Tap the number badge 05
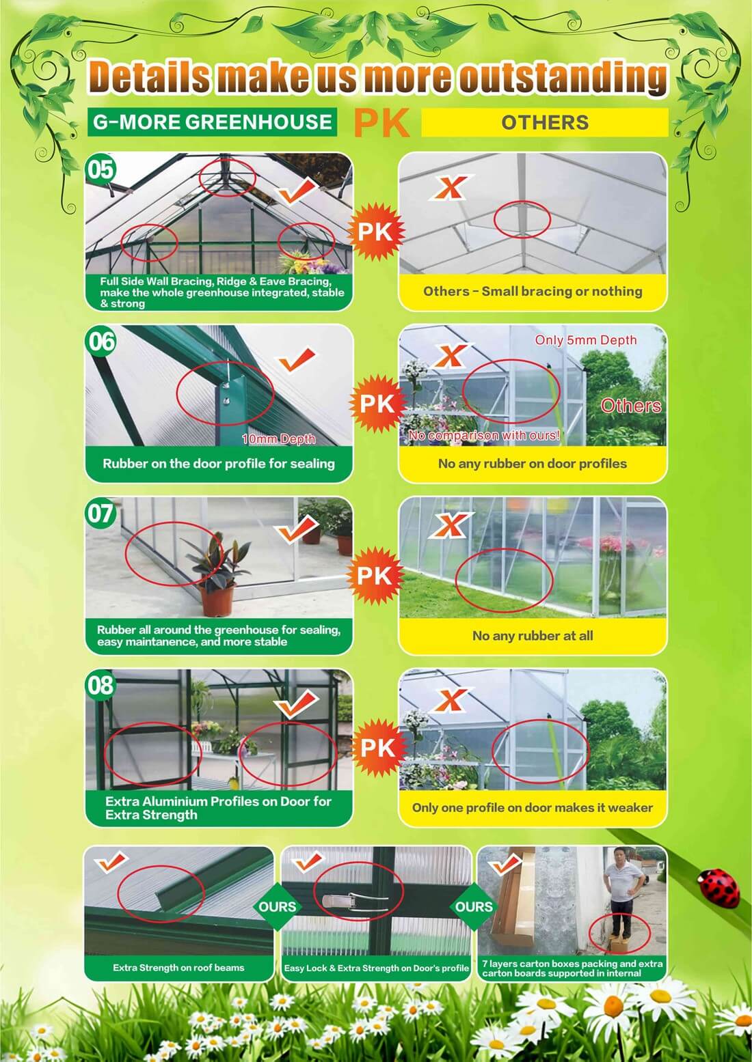100,169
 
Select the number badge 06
100,341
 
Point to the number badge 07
100,514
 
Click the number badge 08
100,685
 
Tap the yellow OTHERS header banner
545,122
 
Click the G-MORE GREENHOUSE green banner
212,122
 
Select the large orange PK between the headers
381,123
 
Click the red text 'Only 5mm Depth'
585,340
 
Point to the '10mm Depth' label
278,439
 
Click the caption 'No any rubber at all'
533,636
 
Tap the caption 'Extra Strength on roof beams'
178,968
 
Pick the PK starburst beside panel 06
377,404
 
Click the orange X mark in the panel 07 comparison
449,525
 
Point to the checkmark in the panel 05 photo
296,192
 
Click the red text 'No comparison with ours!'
485,435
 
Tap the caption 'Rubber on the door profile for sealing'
219,464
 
